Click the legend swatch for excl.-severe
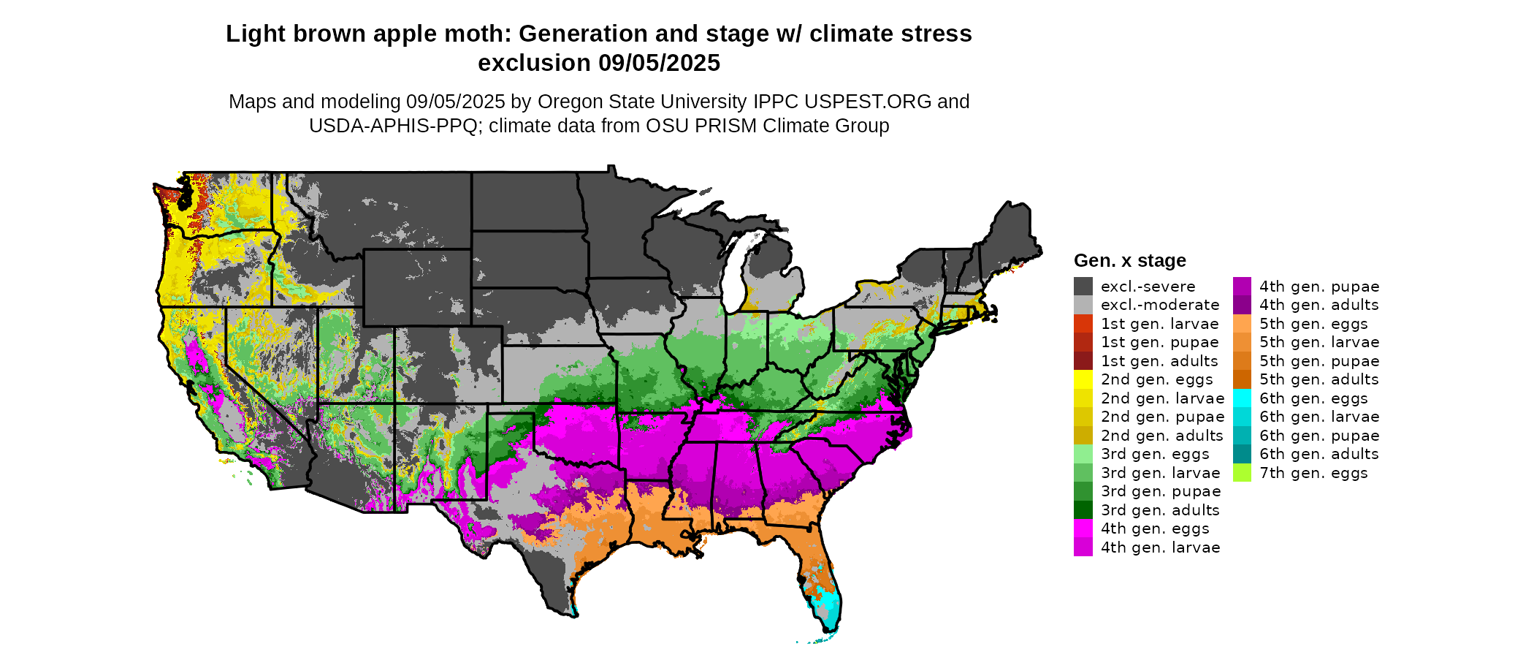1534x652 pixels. [1083, 287]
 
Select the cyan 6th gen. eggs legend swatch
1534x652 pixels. [1242, 398]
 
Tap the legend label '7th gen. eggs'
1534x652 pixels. [1313, 473]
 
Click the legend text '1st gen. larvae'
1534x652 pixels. [1159, 324]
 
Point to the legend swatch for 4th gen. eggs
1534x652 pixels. [1083, 528]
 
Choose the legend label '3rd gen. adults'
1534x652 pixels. [1160, 510]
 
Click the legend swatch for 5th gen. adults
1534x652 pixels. [1242, 379]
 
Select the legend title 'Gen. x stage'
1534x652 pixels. [1129, 260]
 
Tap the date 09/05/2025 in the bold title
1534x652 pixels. [659, 63]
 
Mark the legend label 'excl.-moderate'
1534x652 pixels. [1159, 305]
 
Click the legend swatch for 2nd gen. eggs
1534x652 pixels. [1083, 379]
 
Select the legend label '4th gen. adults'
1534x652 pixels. [1319, 305]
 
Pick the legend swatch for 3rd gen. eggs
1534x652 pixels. [1083, 454]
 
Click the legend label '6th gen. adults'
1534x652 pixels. [1319, 454]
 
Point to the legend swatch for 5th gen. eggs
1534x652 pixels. [1242, 324]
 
